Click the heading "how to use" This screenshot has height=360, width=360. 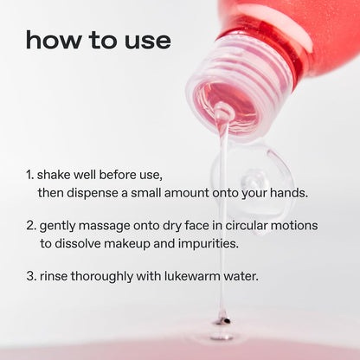pyautogui.click(x=98, y=40)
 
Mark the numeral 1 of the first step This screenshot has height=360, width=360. pyautogui.click(x=29, y=175)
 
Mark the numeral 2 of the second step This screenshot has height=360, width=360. pyautogui.click(x=30, y=226)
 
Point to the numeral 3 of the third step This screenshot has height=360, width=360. pyautogui.click(x=30, y=277)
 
